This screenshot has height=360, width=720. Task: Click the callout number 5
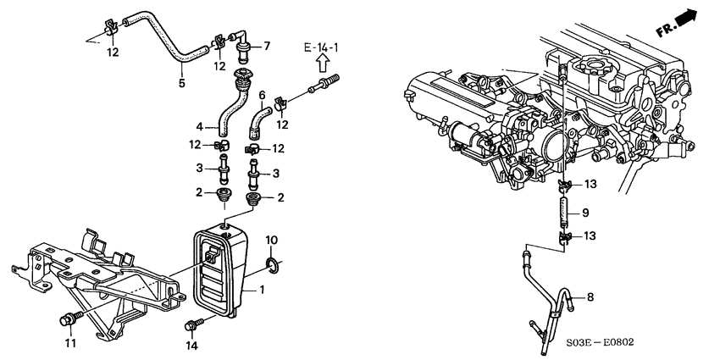[x=182, y=84]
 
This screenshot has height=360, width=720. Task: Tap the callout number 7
[x=267, y=46]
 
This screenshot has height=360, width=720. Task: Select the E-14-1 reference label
[x=321, y=47]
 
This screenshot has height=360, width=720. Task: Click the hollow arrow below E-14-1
[x=322, y=63]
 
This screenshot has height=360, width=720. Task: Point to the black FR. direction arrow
[x=686, y=19]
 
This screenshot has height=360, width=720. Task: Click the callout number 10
[x=271, y=241]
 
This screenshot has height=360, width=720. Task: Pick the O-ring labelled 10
[x=272, y=265]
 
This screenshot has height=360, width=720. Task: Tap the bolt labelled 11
[x=70, y=319]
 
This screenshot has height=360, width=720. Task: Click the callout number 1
[x=263, y=290]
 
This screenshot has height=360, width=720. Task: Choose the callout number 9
[x=585, y=213]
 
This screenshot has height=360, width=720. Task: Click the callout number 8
[x=590, y=297]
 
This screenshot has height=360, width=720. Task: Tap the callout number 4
[x=200, y=126]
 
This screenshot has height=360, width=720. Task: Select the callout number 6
[x=262, y=96]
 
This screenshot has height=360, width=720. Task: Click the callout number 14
[x=192, y=346]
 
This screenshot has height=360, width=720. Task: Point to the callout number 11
[x=70, y=343]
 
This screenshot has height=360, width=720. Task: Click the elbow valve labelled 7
[x=244, y=46]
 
